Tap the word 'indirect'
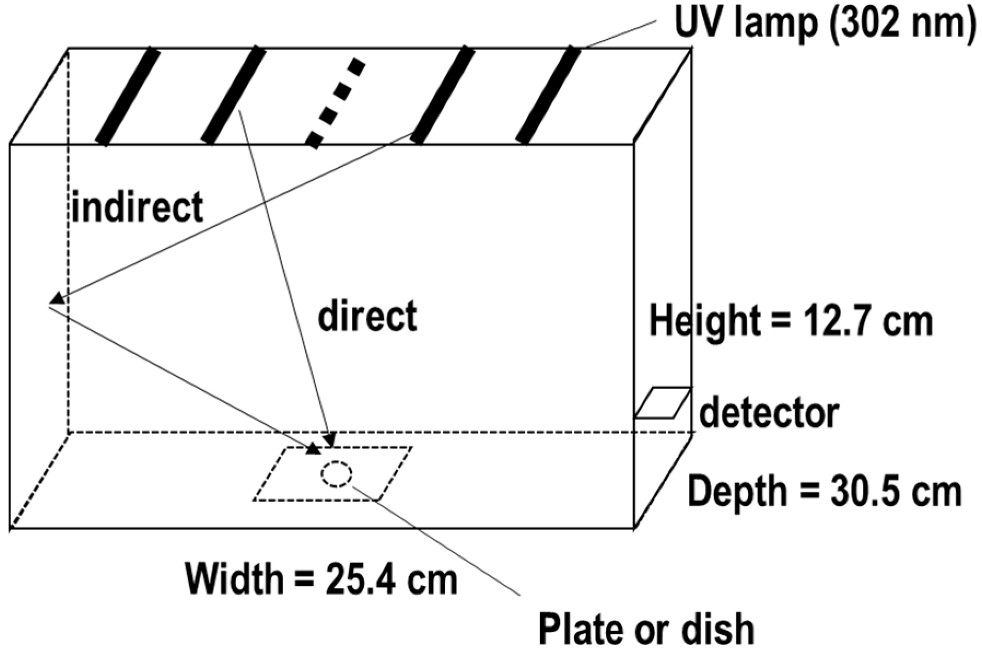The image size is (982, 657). click(x=137, y=207)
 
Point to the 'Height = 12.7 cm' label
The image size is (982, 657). click(x=791, y=322)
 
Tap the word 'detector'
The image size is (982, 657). click(x=769, y=413)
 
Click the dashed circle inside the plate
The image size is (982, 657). click(x=336, y=473)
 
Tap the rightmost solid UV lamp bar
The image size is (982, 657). click(x=548, y=95)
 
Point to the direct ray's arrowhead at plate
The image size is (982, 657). click(x=329, y=439)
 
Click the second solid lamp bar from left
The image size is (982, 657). click(x=234, y=95)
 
